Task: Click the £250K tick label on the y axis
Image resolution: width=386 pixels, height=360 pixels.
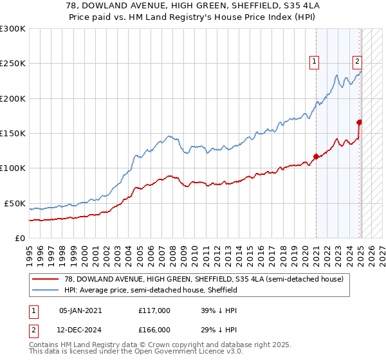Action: (x=13, y=64)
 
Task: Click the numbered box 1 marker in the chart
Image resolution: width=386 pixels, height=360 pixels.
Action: (x=315, y=62)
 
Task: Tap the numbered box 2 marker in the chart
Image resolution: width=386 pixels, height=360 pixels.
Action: (x=357, y=62)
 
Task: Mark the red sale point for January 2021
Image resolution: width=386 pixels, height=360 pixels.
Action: (x=316, y=156)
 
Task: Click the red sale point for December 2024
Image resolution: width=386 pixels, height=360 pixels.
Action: (x=359, y=122)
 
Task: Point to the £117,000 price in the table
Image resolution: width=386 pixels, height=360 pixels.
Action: (x=154, y=310)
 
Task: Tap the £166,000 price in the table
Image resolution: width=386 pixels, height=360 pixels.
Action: (x=154, y=330)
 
